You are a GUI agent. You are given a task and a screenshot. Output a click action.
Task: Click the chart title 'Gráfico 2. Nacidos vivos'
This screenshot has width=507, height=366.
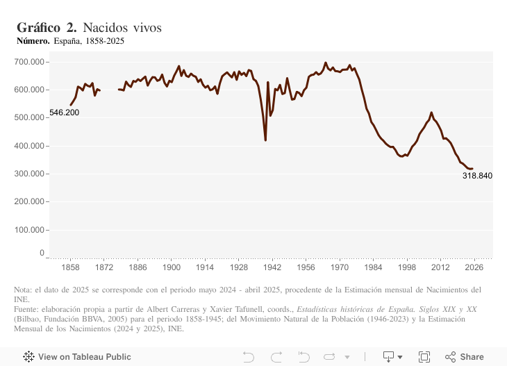coord(89,28)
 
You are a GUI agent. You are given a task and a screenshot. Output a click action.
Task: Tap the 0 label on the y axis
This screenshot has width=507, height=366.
coord(42,253)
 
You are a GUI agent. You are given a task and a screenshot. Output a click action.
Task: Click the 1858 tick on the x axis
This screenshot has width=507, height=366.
coord(70,267)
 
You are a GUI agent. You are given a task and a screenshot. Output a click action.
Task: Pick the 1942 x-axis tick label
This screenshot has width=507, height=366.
coord(272,267)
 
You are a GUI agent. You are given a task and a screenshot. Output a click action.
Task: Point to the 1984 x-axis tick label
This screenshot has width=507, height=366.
coord(373,267)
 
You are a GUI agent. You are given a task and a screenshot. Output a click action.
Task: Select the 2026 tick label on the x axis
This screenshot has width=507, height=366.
coord(474,267)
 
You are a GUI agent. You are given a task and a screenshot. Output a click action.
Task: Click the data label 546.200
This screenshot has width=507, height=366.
coord(64,113)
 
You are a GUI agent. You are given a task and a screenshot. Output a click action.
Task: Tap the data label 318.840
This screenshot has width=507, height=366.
coord(477,176)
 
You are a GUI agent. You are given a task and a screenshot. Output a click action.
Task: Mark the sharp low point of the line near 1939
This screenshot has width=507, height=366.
coord(265,140)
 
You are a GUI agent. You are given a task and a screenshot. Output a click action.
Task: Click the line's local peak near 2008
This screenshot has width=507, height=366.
coord(431,113)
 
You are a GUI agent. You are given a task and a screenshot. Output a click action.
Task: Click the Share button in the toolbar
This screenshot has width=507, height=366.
coord(465,357)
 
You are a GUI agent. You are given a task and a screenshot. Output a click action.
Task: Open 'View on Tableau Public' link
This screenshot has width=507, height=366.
coord(77,357)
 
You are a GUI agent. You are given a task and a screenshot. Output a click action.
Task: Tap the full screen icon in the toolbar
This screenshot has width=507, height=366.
coord(424,357)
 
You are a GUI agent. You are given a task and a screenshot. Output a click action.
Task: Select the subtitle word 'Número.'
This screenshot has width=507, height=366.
coord(33,41)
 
